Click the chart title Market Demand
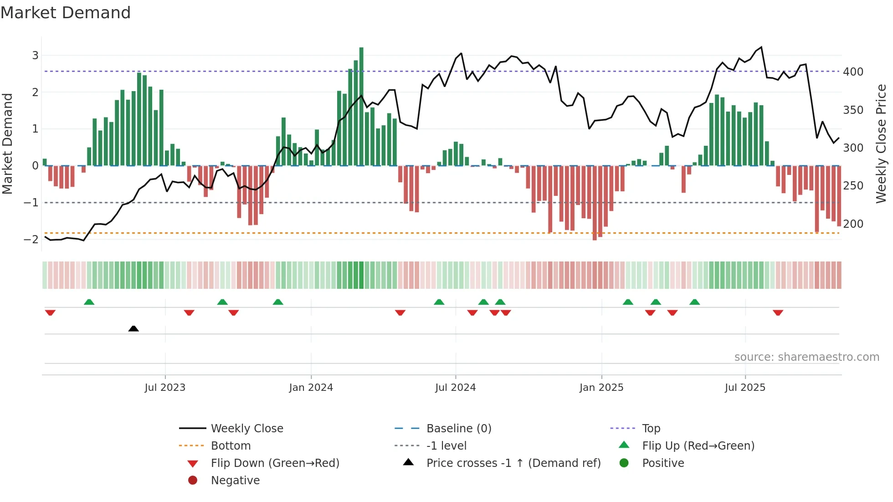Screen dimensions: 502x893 [66, 13]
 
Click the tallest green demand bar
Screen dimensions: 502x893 [361, 106]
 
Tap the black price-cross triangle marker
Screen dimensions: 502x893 [133, 328]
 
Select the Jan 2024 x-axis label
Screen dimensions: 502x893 [311, 387]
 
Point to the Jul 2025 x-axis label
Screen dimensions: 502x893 [745, 387]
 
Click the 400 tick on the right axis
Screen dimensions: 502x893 [853, 72]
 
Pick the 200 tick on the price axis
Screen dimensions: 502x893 [853, 224]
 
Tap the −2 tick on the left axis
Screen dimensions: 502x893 [31, 239]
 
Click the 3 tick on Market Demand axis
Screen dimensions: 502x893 [35, 55]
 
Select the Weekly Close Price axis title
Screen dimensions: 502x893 [881, 143]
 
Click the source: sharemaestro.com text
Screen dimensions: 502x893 [806, 357]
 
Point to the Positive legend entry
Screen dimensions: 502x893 [663, 463]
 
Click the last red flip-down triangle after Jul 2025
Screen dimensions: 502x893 [778, 312]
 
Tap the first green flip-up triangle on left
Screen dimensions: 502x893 [89, 302]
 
